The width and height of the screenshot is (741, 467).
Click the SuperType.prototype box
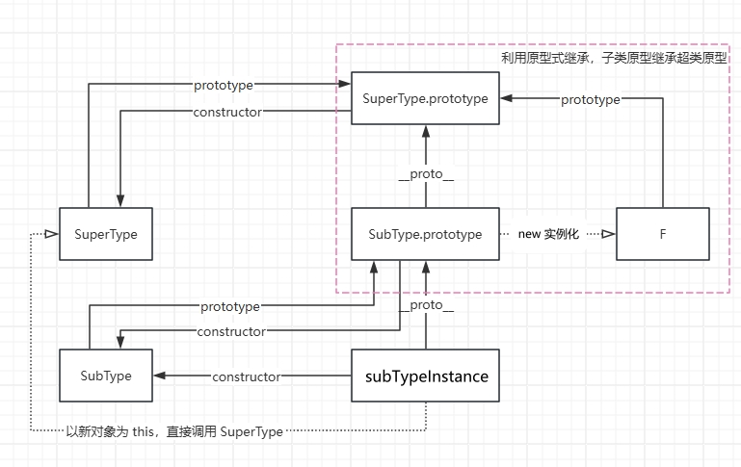425,98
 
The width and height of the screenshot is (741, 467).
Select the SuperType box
106,234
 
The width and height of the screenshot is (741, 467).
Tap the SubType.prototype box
425,234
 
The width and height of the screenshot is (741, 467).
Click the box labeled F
662,234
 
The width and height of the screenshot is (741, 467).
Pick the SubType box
106,376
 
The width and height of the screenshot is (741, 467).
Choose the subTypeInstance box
426,376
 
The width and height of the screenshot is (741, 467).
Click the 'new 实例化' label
547,234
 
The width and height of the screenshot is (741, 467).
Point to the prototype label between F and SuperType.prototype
590,99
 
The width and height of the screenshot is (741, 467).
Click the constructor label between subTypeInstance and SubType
246,376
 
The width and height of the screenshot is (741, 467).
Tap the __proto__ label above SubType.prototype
425,174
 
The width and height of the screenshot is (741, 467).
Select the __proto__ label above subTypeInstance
426,305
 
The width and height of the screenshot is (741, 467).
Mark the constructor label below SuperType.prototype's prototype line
226,112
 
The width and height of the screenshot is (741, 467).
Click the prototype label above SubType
229,307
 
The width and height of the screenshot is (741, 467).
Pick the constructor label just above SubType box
231,332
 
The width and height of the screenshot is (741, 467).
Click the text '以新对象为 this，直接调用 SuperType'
173,431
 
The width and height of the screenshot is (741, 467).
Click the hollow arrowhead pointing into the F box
608,234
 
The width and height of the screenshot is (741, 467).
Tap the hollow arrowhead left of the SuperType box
51,234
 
